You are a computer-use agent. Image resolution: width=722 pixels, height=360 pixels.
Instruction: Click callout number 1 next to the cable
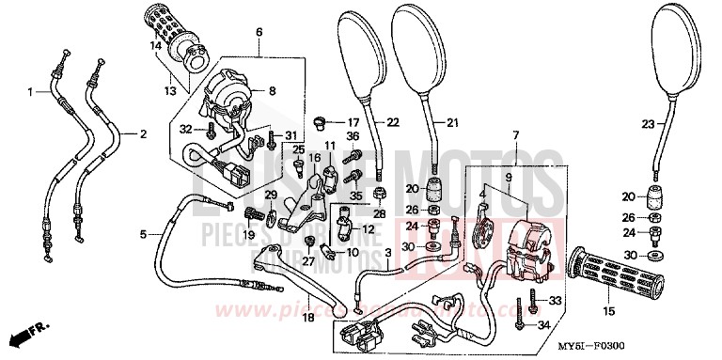(x=31, y=91)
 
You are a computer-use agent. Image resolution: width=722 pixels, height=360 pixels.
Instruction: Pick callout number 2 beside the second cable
(x=144, y=134)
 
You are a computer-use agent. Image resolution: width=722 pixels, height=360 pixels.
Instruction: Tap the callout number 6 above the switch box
(x=259, y=33)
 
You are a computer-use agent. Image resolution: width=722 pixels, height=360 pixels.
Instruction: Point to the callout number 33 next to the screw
(x=555, y=300)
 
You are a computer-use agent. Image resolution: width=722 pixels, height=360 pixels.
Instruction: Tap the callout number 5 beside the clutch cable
(x=142, y=234)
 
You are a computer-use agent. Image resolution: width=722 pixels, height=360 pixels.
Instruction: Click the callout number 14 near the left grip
(x=154, y=45)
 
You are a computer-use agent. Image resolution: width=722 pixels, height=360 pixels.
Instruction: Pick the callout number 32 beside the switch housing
(x=184, y=129)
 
